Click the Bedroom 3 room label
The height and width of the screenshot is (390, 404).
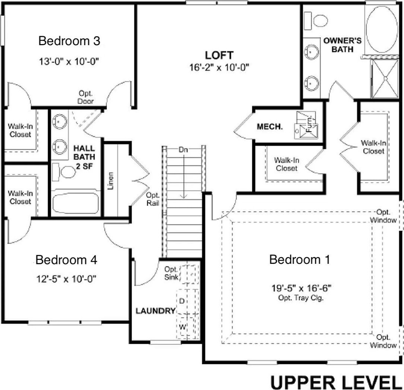(x=69, y=41)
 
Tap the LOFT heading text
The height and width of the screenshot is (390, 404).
(x=219, y=55)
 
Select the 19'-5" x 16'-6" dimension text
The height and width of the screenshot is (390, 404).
(x=301, y=288)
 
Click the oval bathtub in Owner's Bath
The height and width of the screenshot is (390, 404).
(x=382, y=29)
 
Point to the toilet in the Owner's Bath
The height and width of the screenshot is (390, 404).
(x=316, y=21)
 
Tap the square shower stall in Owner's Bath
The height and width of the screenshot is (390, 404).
(x=385, y=78)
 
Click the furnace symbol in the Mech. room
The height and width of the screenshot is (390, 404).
(x=307, y=125)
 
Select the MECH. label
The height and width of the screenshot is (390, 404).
(x=270, y=127)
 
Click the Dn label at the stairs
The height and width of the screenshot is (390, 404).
(x=183, y=150)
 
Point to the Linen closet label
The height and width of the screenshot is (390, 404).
(x=110, y=181)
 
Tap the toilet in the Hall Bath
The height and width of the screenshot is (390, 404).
(x=64, y=172)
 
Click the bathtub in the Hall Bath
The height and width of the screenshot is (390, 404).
(x=76, y=203)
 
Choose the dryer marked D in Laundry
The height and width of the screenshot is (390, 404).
(x=187, y=301)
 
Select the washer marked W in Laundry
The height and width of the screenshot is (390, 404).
(x=187, y=327)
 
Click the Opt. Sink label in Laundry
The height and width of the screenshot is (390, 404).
(x=171, y=273)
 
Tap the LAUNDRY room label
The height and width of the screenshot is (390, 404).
(x=156, y=311)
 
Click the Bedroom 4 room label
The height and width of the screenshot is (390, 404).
(x=66, y=260)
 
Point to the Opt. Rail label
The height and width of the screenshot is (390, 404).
(x=152, y=199)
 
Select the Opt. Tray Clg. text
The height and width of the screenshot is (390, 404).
(x=301, y=298)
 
